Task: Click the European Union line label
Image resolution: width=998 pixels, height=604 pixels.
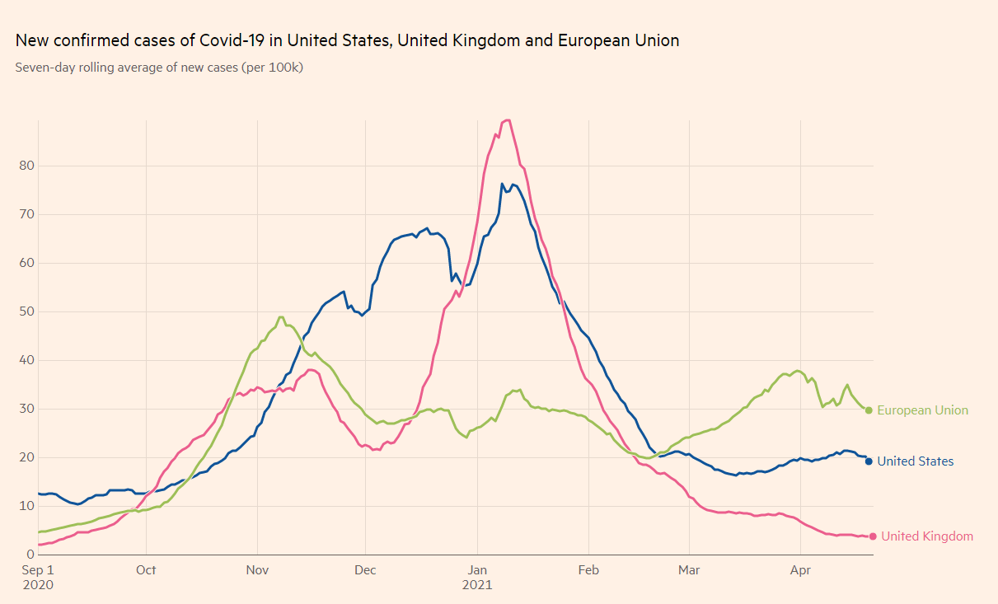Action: (922, 410)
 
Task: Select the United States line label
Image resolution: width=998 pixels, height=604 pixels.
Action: (915, 461)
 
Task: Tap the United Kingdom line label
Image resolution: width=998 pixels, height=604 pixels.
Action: (926, 536)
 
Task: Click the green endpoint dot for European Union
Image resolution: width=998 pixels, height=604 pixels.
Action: (869, 410)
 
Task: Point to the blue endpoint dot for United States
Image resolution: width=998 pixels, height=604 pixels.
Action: (869, 461)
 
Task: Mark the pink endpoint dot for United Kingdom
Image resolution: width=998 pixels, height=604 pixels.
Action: (873, 536)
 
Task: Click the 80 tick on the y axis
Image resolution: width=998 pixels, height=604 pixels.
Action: (26, 166)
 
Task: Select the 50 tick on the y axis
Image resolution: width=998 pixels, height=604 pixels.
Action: (26, 311)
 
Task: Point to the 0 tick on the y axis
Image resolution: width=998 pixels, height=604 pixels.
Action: (30, 555)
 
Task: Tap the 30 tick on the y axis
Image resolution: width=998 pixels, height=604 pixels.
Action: (26, 409)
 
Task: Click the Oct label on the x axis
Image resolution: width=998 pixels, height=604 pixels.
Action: (146, 569)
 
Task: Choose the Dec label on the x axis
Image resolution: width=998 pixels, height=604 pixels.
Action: (365, 569)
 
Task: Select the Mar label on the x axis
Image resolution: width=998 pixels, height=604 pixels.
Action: (688, 569)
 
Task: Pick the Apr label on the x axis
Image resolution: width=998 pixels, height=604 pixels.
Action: (799, 569)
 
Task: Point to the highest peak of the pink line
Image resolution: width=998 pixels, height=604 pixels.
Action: (508, 120)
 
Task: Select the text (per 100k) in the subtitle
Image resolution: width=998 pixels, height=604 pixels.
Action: (272, 68)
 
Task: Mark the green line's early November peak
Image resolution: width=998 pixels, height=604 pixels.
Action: (281, 317)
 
